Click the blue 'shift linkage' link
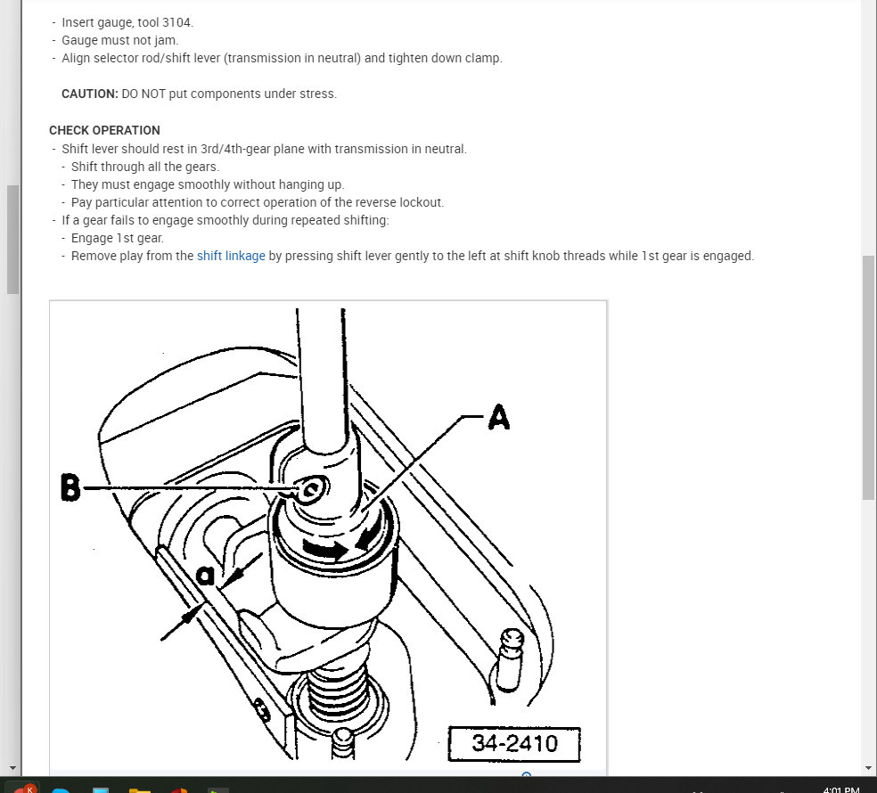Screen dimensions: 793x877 pos(231,256)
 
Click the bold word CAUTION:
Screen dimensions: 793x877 pos(89,94)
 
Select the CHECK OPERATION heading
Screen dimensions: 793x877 pos(104,130)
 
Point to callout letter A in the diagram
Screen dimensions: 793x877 pos(498,417)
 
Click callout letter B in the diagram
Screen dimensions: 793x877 pos(70,488)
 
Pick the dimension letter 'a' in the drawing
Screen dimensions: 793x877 pos(205,575)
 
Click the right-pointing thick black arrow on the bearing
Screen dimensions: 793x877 pos(324,551)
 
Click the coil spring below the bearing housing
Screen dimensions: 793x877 pos(340,695)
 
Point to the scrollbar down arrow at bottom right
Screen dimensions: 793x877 pos(869,767)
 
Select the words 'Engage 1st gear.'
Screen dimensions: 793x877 pos(118,238)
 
